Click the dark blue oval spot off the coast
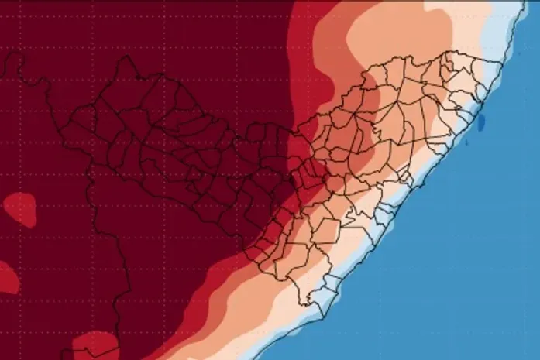(x=481, y=122)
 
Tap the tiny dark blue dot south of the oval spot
(x=473, y=144)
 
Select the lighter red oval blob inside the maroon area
(x=19, y=210)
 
